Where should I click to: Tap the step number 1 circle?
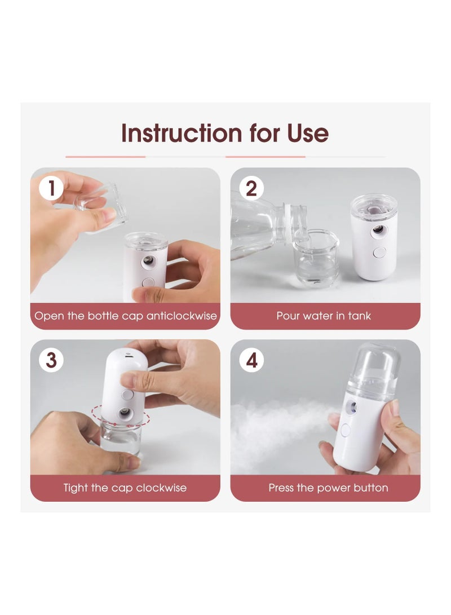pos(51,188)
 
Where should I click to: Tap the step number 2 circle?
pos(251,188)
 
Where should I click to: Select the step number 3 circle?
pos(51,360)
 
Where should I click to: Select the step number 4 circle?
pos(251,360)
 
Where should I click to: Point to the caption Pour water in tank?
pos(324,316)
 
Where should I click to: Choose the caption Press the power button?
pos(328,488)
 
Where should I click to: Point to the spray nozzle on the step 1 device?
pos(149,261)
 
